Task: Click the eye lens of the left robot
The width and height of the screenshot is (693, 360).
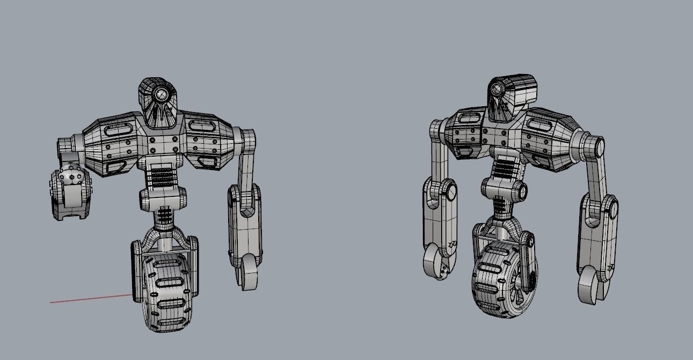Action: click(x=161, y=95)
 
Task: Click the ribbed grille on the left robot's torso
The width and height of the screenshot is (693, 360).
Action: click(x=162, y=175)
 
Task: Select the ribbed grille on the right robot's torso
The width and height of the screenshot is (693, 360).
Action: click(x=503, y=168)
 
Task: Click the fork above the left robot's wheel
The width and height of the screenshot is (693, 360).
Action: click(x=164, y=236)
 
